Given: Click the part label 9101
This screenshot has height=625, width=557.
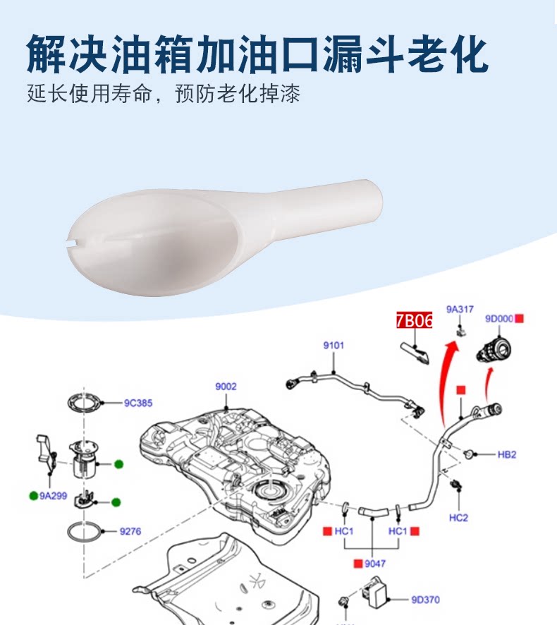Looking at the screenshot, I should pos(333,346).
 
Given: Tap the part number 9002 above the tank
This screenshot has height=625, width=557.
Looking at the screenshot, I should pos(226,387).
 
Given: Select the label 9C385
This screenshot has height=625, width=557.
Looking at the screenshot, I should pos(138,403).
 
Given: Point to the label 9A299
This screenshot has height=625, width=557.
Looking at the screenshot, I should pos(54,495).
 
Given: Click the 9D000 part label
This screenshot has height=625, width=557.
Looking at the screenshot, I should pos(498,319).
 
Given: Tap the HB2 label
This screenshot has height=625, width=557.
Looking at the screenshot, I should pos(507,455).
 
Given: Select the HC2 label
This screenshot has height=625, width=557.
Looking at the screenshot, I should pos(458,517).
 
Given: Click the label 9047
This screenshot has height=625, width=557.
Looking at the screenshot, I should pos(375,564).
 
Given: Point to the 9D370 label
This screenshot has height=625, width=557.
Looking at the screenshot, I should pos(425,600).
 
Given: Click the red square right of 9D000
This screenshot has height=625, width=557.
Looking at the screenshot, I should pos(520,319).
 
